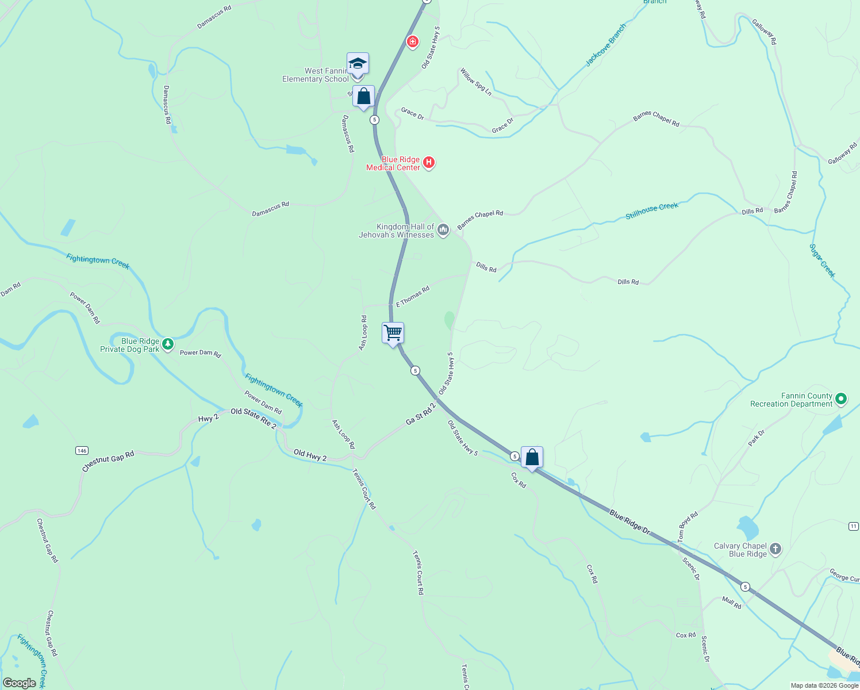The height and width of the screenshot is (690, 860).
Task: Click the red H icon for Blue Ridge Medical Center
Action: coord(428,163)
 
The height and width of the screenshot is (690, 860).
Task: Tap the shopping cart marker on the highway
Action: coord(393,333)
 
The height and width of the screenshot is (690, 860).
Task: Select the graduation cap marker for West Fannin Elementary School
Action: coord(358,64)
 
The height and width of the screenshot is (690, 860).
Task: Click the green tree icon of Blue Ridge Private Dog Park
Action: coord(167,344)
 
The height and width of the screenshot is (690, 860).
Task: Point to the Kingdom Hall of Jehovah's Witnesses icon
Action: coord(443,231)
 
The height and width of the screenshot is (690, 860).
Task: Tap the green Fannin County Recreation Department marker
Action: coord(841,398)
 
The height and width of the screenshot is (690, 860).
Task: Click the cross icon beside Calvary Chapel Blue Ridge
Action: coord(775,549)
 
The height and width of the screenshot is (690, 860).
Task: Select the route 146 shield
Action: coord(82,450)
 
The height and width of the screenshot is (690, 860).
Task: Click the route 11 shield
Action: coord(853,526)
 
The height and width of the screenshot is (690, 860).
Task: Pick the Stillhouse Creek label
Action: coord(652,210)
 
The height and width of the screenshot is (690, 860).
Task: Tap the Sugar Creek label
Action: coord(822,260)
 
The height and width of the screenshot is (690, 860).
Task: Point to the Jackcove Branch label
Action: coord(605,45)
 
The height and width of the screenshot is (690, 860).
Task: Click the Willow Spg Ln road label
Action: coord(475,82)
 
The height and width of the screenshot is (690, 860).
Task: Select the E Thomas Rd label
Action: coord(413,297)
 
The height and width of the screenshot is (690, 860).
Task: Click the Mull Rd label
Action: coord(731,603)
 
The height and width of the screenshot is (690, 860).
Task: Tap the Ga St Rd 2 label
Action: coord(421,414)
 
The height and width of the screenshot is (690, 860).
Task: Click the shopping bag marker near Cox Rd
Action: coord(532,458)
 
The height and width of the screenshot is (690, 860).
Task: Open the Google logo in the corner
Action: coord(20,683)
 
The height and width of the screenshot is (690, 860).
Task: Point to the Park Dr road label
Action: coord(756,438)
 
